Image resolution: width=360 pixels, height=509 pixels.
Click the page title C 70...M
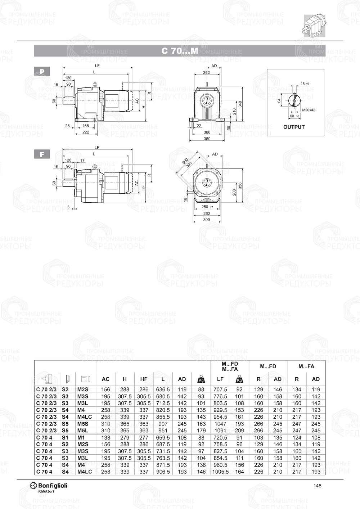click(180, 51)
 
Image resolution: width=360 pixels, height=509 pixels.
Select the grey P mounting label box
click(42, 72)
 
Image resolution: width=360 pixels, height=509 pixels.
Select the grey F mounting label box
click(42, 154)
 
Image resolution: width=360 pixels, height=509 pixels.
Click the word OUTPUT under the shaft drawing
click(294, 127)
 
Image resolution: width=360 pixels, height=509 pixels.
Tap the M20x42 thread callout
click(309, 110)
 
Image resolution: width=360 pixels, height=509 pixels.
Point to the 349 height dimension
click(240, 104)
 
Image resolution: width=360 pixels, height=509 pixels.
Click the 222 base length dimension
click(85, 132)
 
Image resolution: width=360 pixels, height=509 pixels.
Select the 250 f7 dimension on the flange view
click(207, 207)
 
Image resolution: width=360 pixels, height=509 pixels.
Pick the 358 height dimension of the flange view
click(240, 185)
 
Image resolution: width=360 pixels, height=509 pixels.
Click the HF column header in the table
click(144, 379)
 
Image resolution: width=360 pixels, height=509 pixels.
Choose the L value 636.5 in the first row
click(163, 389)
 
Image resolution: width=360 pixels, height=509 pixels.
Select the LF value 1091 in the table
click(220, 431)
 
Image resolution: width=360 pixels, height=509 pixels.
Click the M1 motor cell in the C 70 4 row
click(81, 438)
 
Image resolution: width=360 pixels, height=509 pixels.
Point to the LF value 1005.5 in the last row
click(220, 472)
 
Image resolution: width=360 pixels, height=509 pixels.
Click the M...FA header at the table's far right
click(306, 366)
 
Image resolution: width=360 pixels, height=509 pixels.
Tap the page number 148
click(317, 486)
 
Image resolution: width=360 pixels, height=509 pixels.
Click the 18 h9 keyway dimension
click(305, 84)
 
